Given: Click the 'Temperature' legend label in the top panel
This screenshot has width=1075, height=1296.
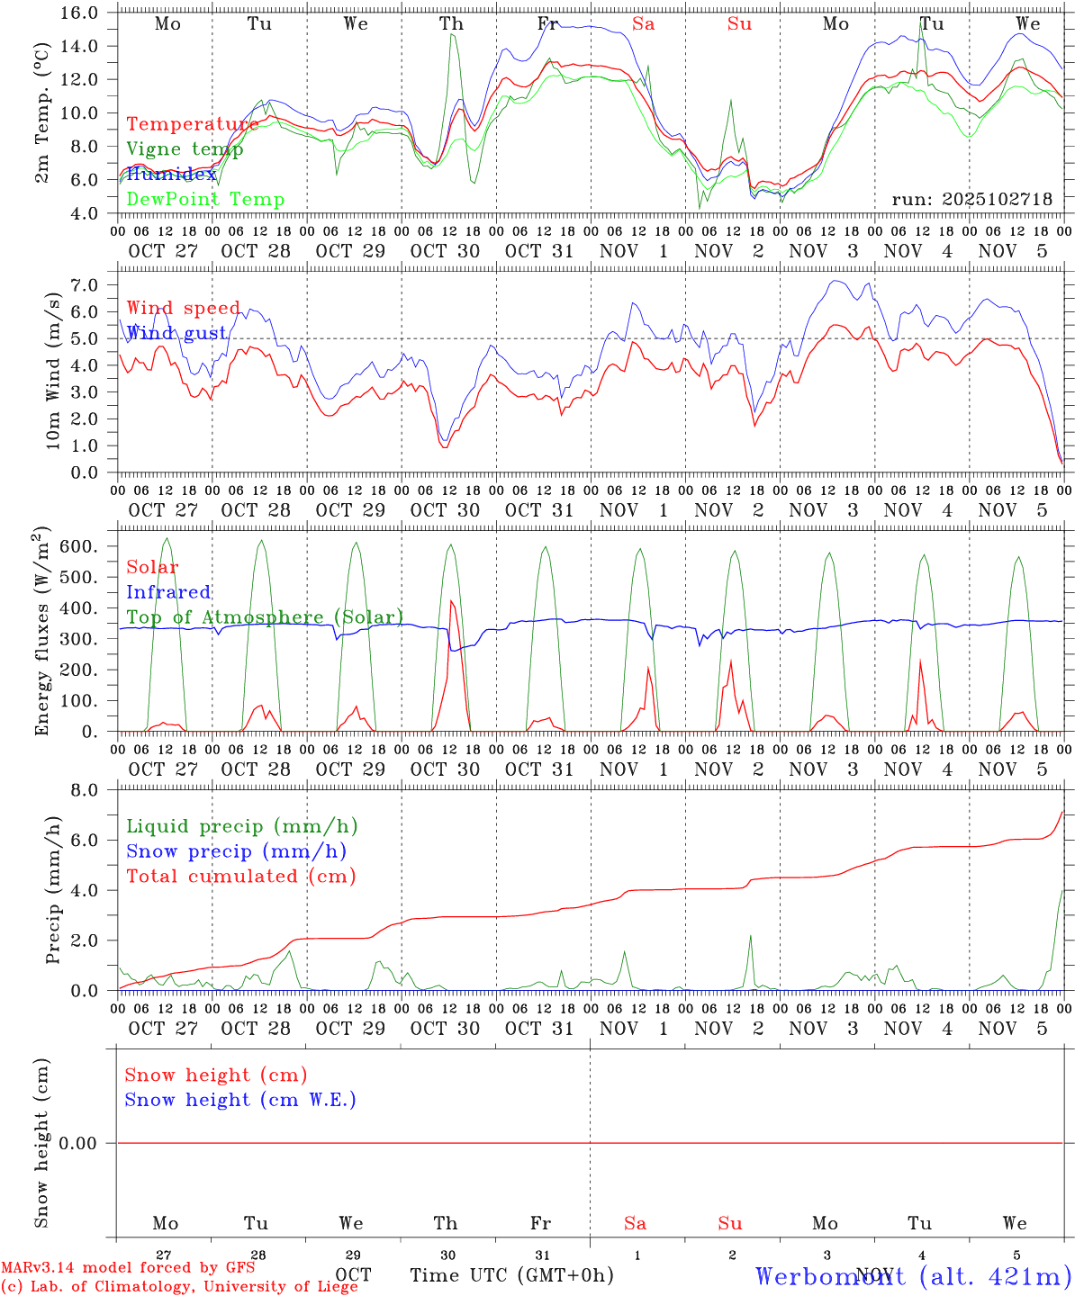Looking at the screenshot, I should pos(192,124).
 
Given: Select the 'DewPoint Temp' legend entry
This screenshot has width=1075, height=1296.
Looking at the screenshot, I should pos(205,200).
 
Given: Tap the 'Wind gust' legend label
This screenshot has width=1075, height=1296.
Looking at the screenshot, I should pos(176,333).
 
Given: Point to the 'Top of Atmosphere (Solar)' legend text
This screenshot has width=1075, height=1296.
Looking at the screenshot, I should pos(265,617).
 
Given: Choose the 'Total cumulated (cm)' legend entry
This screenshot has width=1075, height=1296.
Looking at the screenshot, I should pos(241,876).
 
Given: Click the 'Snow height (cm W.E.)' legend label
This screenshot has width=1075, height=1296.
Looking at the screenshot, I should pos(240,1100).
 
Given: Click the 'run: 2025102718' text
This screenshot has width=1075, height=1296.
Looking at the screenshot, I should pos(971,199).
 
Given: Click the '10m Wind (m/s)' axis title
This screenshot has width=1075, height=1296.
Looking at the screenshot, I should pos(53,372).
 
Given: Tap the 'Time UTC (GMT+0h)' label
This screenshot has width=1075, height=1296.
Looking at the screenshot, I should pos(511,1275).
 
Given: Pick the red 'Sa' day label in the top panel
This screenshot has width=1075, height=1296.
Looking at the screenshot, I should pos(643,24).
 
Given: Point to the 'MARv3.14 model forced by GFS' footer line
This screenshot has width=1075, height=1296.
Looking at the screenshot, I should pos(128,1267).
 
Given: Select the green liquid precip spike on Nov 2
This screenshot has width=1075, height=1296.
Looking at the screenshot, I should pos(750,937).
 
